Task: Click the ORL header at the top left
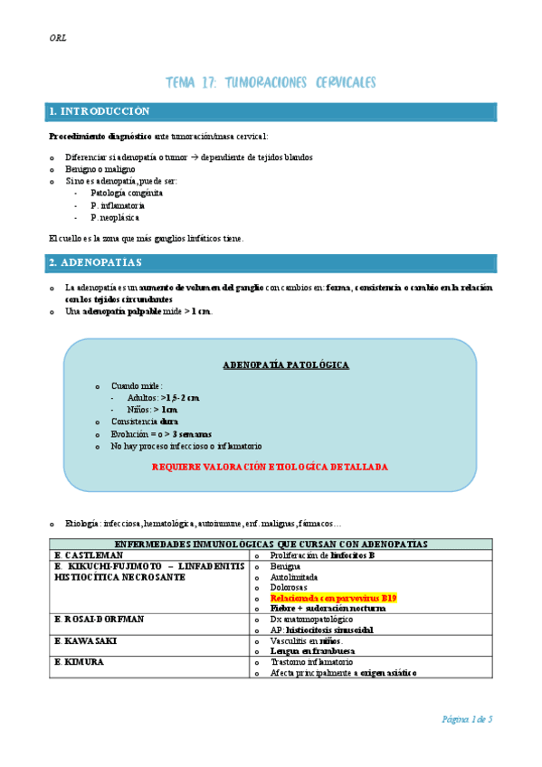[x=57, y=38]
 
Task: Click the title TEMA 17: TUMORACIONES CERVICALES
[x=271, y=82]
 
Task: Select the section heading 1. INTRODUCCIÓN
[x=100, y=111]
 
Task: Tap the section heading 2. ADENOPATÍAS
[x=96, y=262]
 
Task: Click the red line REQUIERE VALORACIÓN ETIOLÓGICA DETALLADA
[x=270, y=467]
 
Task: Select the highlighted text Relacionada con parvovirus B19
[x=333, y=598]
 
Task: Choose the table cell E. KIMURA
[x=80, y=662]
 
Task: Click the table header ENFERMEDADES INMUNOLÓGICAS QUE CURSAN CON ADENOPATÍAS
[x=271, y=544]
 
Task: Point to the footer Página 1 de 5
[x=467, y=718]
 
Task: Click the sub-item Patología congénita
[x=127, y=193]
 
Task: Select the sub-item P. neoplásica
[x=115, y=217]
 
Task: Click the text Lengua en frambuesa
[x=317, y=651]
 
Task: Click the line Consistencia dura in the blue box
[x=145, y=421]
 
